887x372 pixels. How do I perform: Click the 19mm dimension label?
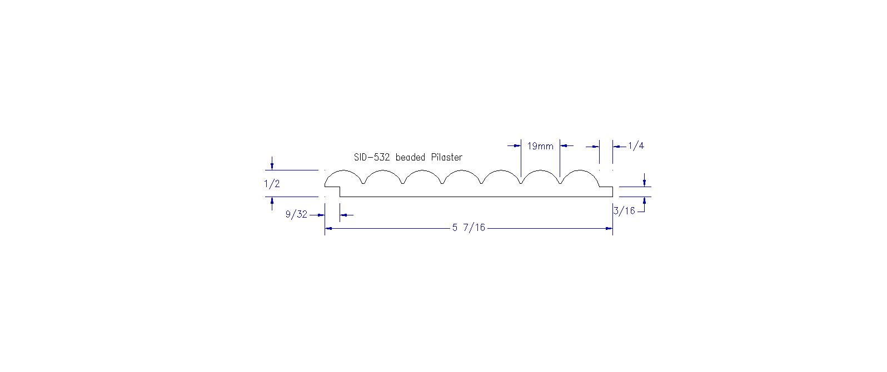click(x=540, y=147)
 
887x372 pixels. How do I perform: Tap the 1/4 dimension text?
click(x=636, y=146)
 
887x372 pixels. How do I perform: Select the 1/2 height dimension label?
click(x=272, y=184)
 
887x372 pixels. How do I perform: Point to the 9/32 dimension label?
click(x=296, y=214)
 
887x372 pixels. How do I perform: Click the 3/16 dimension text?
click(x=625, y=211)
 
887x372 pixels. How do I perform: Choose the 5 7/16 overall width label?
click(x=469, y=228)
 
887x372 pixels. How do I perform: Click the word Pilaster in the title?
click(x=447, y=158)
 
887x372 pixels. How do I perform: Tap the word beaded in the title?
click(x=410, y=158)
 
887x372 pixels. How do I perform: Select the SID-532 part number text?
click(x=372, y=158)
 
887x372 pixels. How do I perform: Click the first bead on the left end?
click(x=343, y=170)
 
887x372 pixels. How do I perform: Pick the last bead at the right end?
click(x=580, y=170)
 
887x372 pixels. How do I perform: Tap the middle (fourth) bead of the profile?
click(x=462, y=170)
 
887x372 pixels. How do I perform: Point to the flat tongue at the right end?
click(x=606, y=187)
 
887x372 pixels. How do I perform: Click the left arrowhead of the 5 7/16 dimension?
click(x=328, y=228)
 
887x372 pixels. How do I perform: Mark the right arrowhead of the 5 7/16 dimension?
click(x=609, y=228)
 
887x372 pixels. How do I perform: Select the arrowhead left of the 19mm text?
click(x=517, y=145)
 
